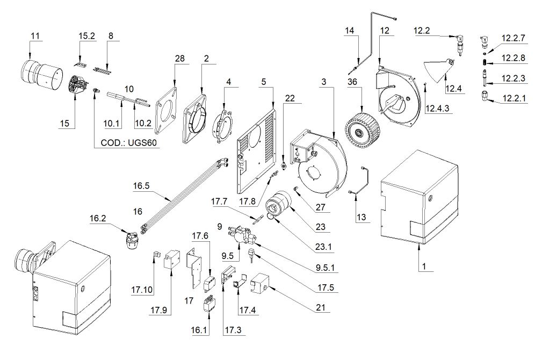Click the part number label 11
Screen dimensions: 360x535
(x=35, y=36)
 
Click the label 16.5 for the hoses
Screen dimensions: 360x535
(x=142, y=188)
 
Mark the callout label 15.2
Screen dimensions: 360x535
(x=86, y=36)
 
